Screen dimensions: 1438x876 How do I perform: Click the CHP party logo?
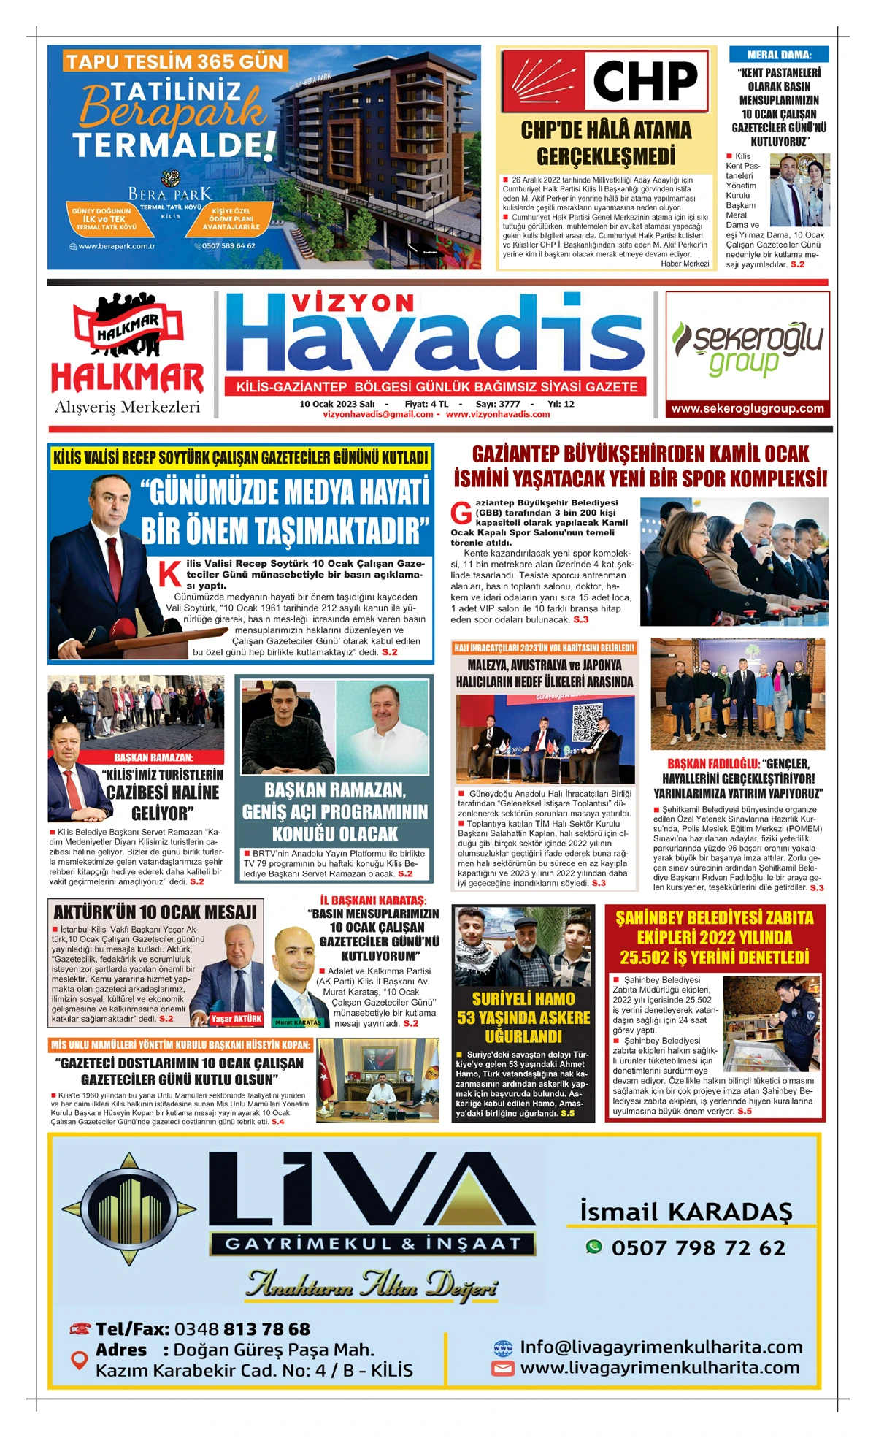(x=605, y=80)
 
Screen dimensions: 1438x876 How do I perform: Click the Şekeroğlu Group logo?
(x=748, y=348)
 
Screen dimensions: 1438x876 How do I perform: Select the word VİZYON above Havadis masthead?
(x=353, y=302)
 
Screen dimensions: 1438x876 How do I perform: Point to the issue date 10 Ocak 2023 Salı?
(x=337, y=404)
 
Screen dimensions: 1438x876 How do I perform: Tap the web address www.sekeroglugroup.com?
(x=748, y=409)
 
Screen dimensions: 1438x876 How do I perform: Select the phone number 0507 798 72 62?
(x=698, y=1247)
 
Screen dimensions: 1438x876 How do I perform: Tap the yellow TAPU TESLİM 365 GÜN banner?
(x=174, y=61)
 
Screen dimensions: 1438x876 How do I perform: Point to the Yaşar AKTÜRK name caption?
(x=236, y=1019)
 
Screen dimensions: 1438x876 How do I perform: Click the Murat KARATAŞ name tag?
(x=298, y=1022)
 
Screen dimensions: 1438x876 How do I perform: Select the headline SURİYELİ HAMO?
(x=523, y=998)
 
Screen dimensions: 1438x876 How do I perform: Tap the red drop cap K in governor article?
(x=170, y=573)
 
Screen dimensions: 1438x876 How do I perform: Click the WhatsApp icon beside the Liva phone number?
(x=594, y=1247)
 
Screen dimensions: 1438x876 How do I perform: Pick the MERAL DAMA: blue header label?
(x=779, y=55)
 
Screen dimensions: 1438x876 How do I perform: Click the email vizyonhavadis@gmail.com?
(x=378, y=414)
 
